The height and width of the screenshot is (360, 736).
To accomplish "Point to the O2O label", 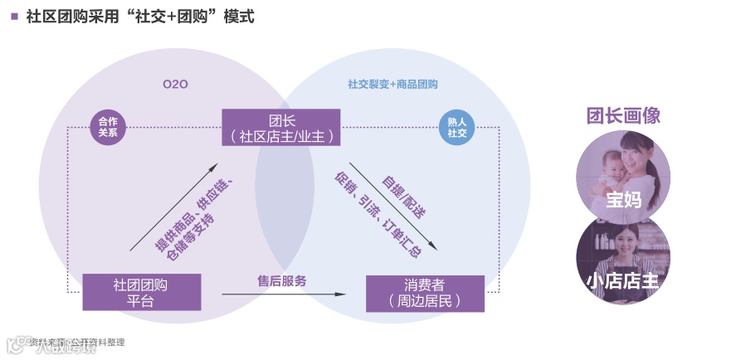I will (x=175, y=84).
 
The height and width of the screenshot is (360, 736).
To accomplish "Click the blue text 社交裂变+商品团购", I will (x=392, y=85).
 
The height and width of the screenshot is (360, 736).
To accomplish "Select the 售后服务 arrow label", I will (x=281, y=281).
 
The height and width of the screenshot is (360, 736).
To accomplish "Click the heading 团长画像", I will (x=623, y=115).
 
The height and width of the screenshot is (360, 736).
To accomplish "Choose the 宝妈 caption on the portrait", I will (x=623, y=200).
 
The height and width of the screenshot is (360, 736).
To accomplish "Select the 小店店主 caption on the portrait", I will (x=623, y=280).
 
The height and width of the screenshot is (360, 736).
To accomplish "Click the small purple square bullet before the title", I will (x=14, y=16).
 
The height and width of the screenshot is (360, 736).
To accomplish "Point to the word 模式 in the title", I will (x=236, y=16).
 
